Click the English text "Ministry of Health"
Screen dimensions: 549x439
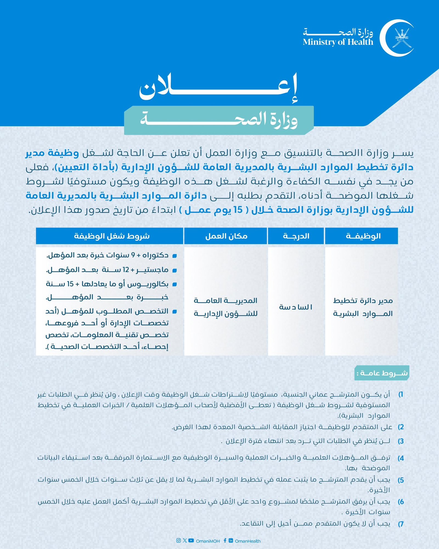338,42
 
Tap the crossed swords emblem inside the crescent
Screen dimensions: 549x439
401,38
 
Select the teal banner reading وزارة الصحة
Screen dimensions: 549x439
219,120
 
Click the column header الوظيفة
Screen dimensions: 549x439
361,236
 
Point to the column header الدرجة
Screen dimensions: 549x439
296,236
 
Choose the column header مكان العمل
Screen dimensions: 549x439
226,236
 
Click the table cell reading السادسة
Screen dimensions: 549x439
296,307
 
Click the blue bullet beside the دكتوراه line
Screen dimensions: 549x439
174,256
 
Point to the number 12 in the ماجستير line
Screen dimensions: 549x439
126,270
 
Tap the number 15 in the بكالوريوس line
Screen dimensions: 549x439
71,284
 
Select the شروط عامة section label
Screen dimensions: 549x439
382,373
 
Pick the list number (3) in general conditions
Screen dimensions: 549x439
401,441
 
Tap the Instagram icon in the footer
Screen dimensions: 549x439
178,540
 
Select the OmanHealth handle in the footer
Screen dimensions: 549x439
247,541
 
